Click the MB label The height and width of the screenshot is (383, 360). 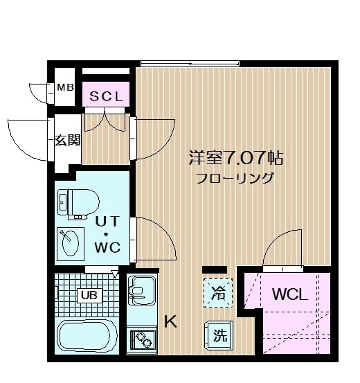[65, 87]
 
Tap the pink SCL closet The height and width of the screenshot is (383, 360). [105, 97]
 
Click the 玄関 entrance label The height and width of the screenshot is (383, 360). [68, 140]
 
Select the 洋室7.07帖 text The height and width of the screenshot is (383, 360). [237, 157]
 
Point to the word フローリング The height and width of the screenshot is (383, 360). [235, 178]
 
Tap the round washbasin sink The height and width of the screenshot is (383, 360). [71, 243]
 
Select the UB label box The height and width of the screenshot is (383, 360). [89, 296]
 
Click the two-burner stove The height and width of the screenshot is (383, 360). [143, 340]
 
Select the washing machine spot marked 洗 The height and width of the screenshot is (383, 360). [219, 336]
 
